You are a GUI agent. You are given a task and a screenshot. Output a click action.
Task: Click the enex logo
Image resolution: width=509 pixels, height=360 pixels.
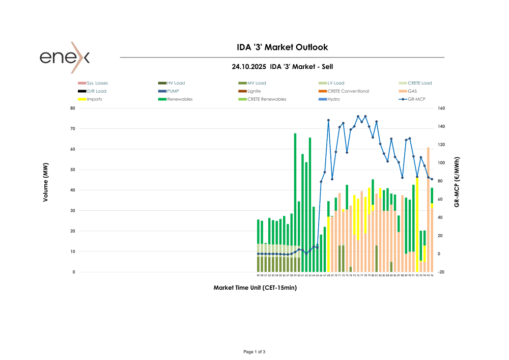64,57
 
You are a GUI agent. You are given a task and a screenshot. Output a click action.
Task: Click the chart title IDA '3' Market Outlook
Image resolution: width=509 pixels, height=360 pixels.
282,47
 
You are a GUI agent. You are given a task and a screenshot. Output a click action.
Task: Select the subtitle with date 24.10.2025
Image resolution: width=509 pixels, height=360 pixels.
282,66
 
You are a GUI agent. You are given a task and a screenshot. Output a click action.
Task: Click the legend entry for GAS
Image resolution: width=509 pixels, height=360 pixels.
412,91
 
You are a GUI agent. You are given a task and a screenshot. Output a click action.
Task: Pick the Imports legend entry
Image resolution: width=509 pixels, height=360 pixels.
94,99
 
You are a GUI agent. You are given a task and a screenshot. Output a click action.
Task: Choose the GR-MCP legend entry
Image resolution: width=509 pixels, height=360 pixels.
416,99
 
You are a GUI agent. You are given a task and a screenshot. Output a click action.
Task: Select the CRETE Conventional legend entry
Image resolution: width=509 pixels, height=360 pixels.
348,91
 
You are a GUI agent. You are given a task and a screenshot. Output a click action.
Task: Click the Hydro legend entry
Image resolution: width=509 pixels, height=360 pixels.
333,99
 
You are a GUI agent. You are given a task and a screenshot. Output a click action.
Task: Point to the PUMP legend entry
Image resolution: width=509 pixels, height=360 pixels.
173,91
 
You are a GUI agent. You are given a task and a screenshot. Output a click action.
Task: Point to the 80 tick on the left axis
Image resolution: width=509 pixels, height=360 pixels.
73,108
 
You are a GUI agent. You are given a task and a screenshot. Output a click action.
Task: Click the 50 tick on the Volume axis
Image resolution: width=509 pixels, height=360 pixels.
73,170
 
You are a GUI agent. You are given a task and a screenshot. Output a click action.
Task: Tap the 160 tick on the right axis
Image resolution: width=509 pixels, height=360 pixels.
441,108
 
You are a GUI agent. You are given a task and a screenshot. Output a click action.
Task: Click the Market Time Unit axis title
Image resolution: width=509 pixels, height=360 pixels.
254,288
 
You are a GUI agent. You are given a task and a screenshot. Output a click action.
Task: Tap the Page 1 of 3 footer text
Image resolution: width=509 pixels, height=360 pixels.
254,352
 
